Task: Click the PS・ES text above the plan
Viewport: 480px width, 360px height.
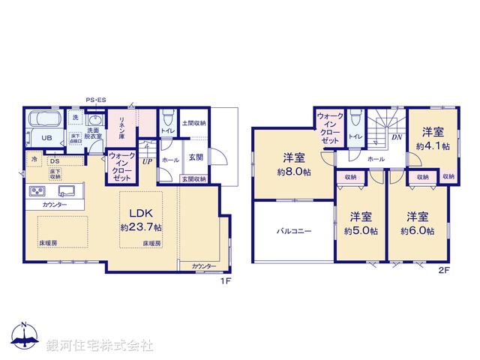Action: click(96, 100)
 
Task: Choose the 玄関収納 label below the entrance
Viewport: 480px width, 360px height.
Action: click(193, 178)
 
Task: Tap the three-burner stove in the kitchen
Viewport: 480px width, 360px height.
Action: click(37, 192)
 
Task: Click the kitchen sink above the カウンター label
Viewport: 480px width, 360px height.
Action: click(63, 190)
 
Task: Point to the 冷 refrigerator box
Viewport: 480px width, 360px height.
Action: click(34, 160)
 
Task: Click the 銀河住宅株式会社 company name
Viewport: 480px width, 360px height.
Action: click(99, 346)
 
